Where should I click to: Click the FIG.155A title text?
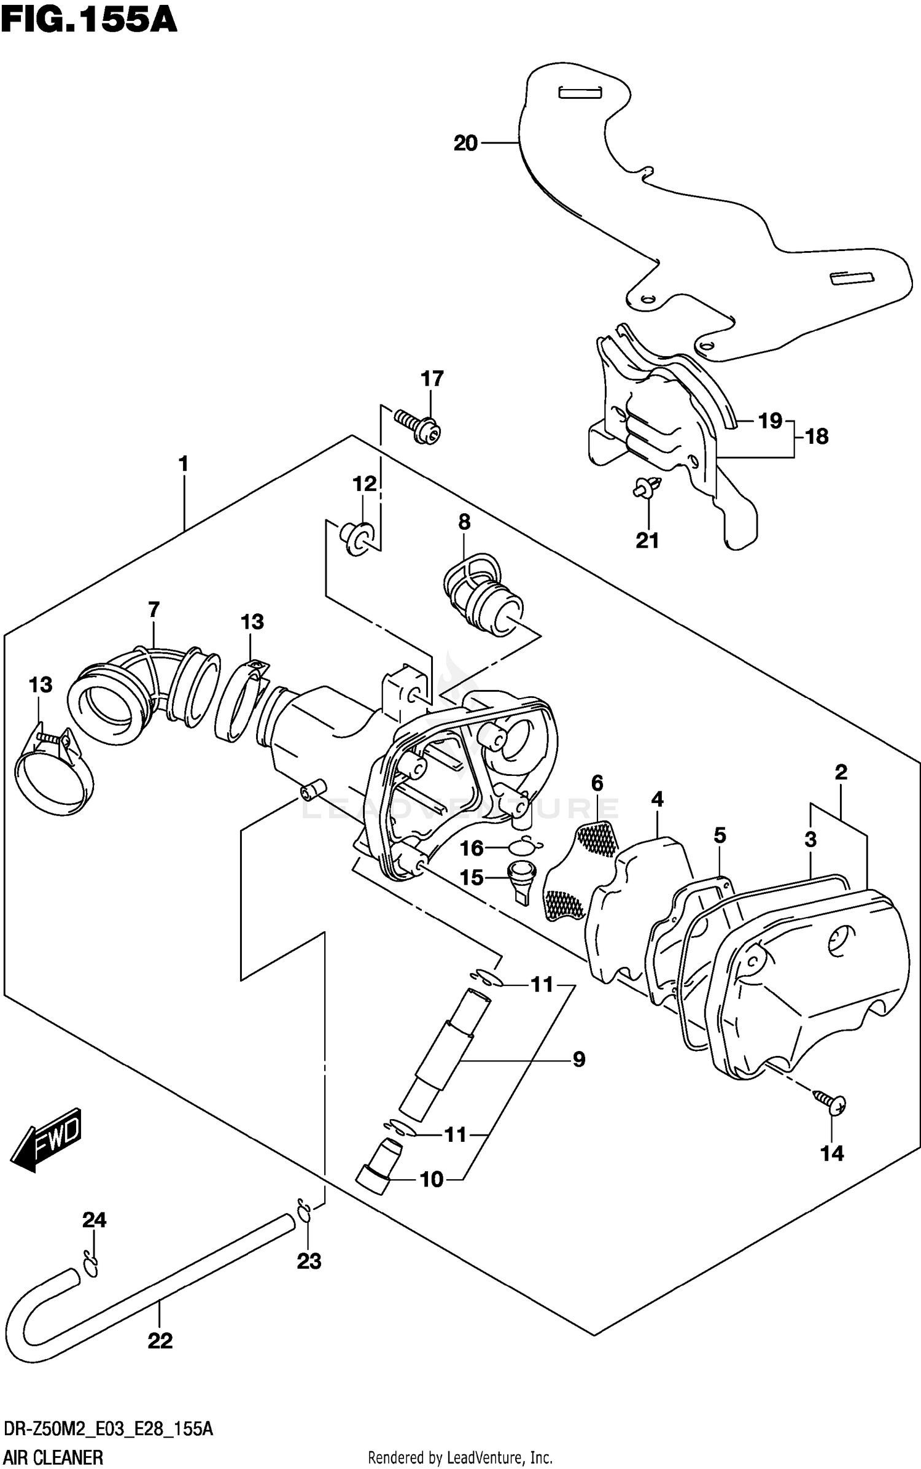[x=89, y=20]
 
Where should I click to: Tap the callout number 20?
[x=465, y=143]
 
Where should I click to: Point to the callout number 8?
[x=464, y=522]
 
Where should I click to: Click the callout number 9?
[x=578, y=1059]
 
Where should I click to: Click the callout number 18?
[x=817, y=436]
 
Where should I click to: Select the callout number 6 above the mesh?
[x=597, y=783]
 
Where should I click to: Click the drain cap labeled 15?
[x=522, y=879]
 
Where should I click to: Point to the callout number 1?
[x=183, y=463]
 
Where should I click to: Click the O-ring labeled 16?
[x=524, y=847]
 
